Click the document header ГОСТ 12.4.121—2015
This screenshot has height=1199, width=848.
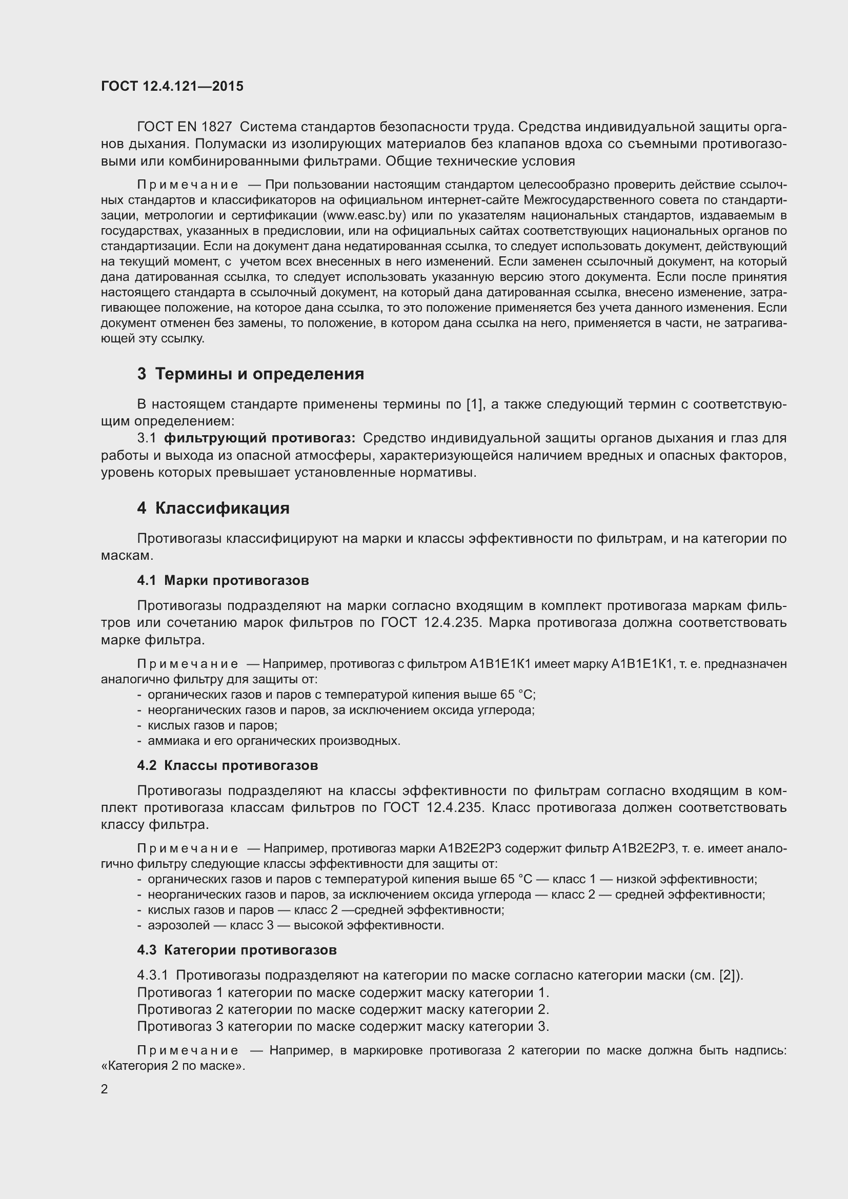(x=172, y=86)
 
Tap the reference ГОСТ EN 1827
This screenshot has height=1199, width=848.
(x=185, y=127)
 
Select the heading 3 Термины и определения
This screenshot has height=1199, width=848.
(x=250, y=374)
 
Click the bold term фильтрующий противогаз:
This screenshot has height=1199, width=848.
(x=259, y=438)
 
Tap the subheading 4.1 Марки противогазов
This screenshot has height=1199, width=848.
(x=223, y=580)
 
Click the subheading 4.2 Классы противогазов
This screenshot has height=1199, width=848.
(x=228, y=765)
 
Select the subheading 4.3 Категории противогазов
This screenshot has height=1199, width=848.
(x=236, y=950)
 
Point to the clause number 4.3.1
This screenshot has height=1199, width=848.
(x=152, y=976)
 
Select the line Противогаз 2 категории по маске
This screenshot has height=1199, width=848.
(x=342, y=1009)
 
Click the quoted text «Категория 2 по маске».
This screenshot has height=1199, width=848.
(x=173, y=1066)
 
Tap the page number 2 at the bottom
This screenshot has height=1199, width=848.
(x=105, y=1089)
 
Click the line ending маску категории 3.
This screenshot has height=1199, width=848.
(x=342, y=1027)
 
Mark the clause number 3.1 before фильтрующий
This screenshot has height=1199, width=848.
(x=147, y=438)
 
